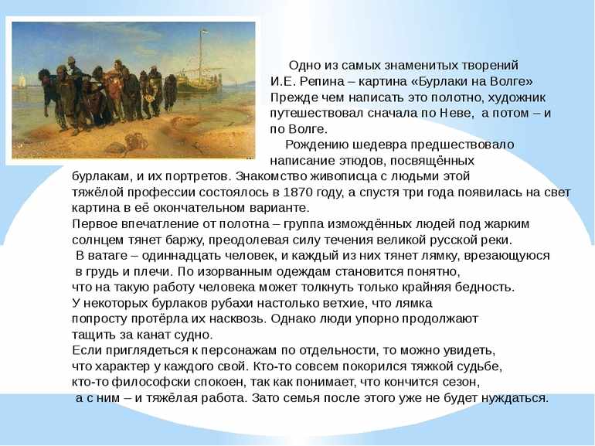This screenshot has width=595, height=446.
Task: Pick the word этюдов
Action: [x=361, y=161]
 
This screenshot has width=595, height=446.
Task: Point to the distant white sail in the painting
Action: [x=21, y=81]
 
